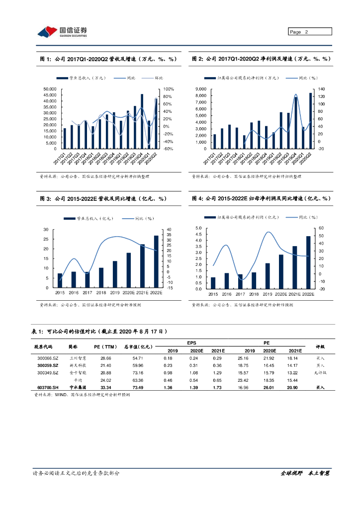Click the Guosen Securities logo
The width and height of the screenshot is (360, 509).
click(x=63, y=32)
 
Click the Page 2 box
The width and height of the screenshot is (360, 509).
click(x=309, y=32)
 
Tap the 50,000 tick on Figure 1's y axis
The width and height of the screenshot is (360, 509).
click(x=50, y=89)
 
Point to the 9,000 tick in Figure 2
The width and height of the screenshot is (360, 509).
click(x=201, y=89)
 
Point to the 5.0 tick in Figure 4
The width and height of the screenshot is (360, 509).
click(x=198, y=228)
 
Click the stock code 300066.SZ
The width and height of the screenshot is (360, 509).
click(x=47, y=358)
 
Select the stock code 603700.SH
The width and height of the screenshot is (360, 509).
click(x=47, y=387)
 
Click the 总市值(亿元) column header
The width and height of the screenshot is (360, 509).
click(x=138, y=347)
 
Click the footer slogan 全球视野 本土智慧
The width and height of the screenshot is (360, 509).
click(x=305, y=473)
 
